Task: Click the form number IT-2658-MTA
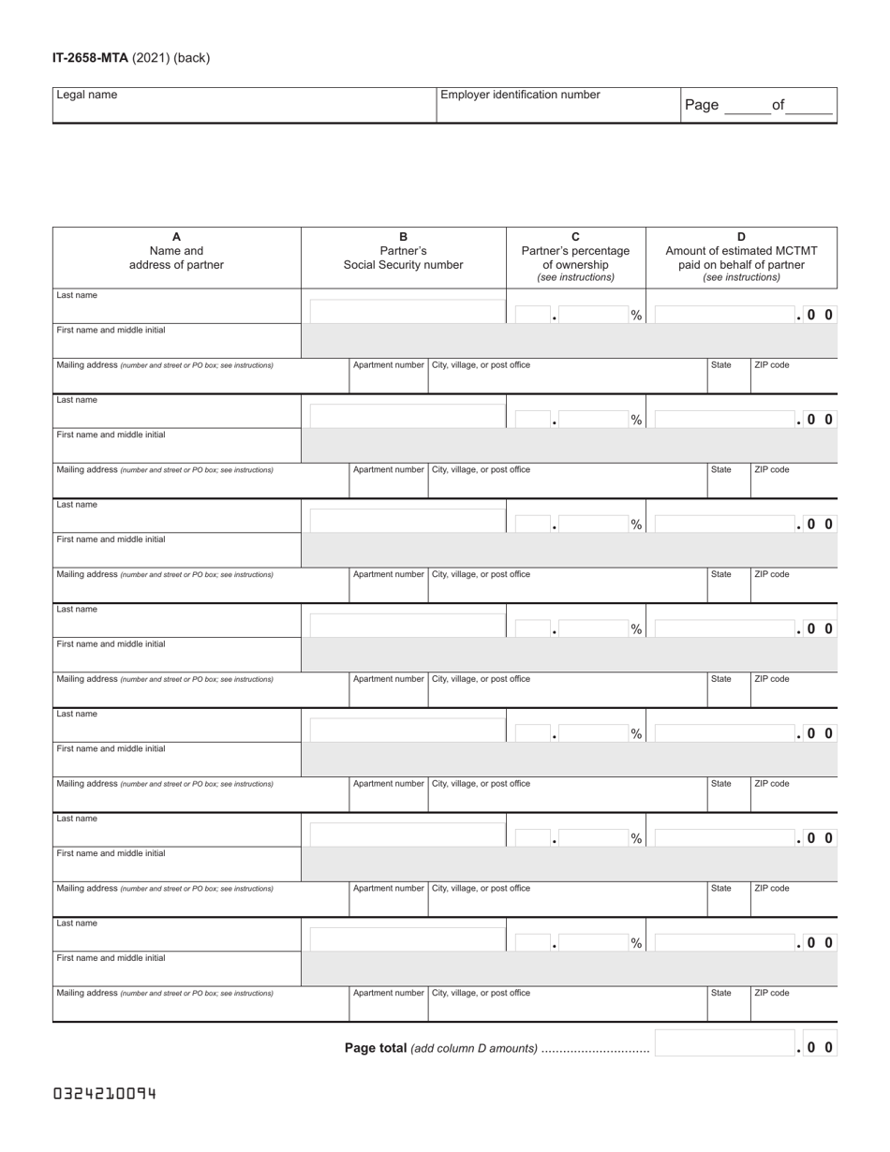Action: pos(90,58)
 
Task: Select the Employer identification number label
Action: pos(520,95)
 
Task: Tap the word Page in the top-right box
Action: pos(702,105)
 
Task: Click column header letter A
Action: pos(176,237)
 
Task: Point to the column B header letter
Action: pos(403,237)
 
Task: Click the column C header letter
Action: pos(576,237)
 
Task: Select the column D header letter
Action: pos(741,237)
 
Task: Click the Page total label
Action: pos(375,1048)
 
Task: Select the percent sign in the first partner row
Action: pos(636,316)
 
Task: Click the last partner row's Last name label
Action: pos(77,923)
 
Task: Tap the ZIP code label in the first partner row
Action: pos(772,365)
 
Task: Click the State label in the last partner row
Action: pos(721,993)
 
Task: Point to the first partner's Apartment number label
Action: pos(388,365)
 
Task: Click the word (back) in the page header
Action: pos(191,58)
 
